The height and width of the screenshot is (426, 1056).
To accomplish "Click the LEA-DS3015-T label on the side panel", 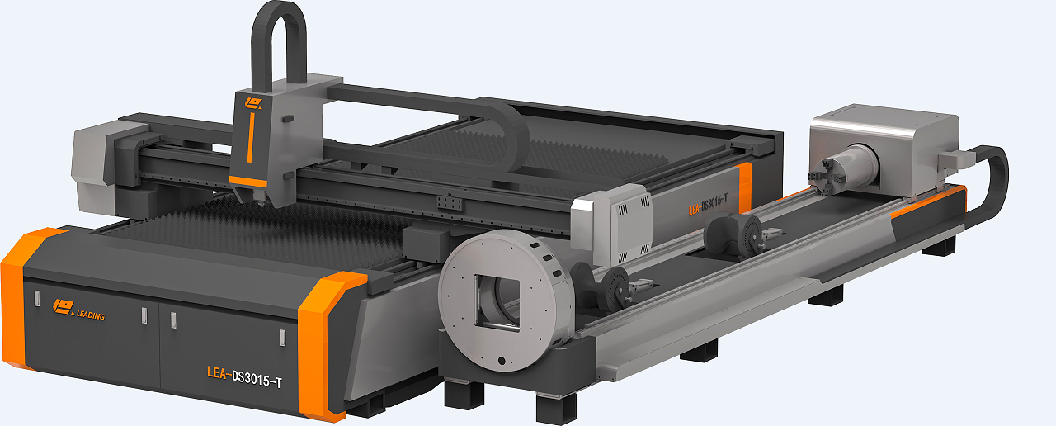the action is pos(708,205).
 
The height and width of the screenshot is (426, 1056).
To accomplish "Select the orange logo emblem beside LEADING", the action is pos(64,307).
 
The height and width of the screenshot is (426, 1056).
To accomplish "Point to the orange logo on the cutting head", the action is pos(252,103).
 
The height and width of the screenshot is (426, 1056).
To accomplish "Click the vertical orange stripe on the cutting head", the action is pos(251,137).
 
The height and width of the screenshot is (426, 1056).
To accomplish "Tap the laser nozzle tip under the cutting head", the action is pos(260,203).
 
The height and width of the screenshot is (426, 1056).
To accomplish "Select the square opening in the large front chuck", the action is pos(497,302).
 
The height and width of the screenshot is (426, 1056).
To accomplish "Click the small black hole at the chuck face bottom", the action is pos(502,362).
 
